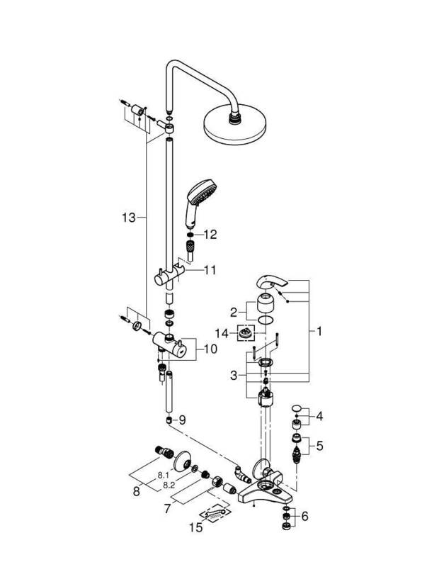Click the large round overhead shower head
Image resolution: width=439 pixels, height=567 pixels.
[x=235, y=125]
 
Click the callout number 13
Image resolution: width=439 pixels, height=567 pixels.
[x=129, y=218]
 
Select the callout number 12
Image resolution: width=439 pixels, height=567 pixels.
[x=210, y=235]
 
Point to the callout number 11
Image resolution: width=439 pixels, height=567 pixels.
[x=210, y=270]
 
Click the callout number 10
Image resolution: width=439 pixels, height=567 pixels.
[x=210, y=349]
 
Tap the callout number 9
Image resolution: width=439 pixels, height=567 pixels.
[x=182, y=420]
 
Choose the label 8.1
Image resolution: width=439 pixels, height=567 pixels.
[x=164, y=476]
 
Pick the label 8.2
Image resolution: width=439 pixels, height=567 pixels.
[x=169, y=485]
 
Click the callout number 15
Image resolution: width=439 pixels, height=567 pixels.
[x=196, y=527]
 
